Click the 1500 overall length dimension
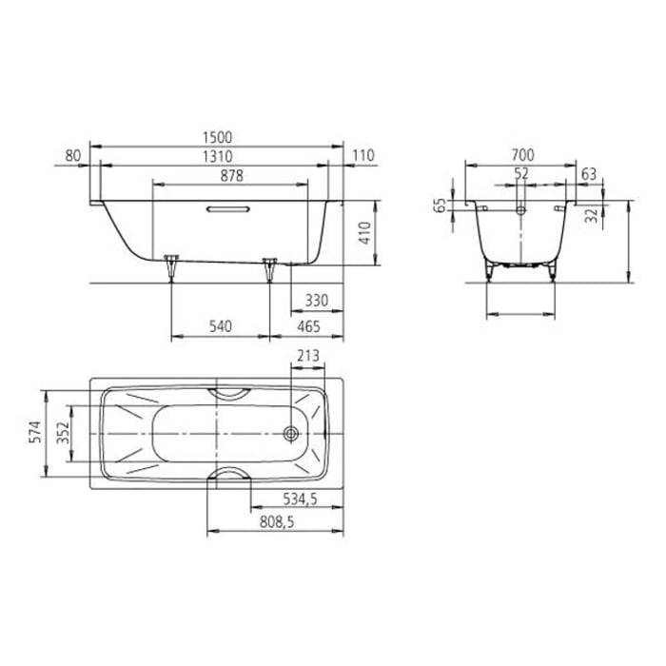pyautogui.click(x=218, y=138)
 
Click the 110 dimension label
pyautogui.click(x=363, y=156)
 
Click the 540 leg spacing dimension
pyautogui.click(x=220, y=326)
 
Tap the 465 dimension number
pyautogui.click(x=307, y=326)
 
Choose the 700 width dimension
pyautogui.click(x=521, y=155)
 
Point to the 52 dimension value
pyautogui.click(x=521, y=173)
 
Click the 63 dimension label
pyautogui.click(x=588, y=173)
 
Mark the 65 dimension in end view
pyautogui.click(x=440, y=206)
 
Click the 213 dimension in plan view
pyautogui.click(x=307, y=357)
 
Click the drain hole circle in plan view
pyautogui.click(x=290, y=433)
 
